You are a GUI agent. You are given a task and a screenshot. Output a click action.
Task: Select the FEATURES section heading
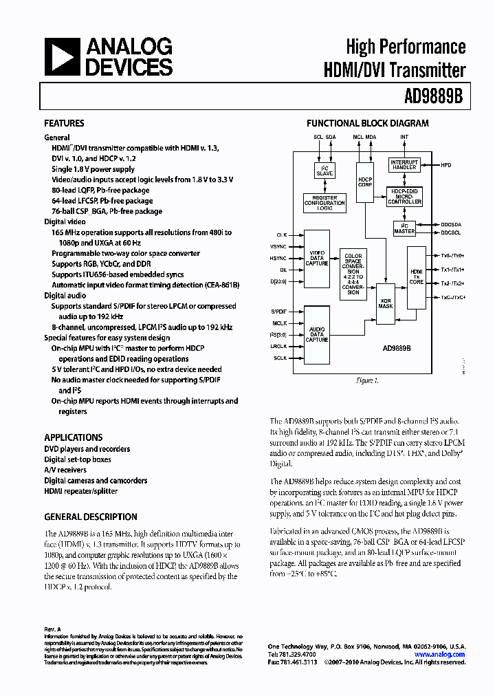64,124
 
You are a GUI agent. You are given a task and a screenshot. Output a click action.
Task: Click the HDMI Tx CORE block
415,276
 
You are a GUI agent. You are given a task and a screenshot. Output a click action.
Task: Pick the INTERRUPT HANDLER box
404,166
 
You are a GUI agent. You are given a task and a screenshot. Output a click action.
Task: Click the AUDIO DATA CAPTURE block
316,334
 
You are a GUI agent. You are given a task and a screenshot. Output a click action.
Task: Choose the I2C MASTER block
404,228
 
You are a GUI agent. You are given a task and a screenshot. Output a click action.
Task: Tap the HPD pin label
446,166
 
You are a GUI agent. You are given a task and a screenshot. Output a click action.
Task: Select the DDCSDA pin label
451,224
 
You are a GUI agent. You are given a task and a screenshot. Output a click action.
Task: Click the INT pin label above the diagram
404,137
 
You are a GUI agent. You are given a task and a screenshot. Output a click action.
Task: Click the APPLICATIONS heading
74,437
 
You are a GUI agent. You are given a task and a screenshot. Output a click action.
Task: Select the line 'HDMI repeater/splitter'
81,491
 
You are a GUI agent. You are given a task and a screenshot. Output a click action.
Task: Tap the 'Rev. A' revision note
53,629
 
